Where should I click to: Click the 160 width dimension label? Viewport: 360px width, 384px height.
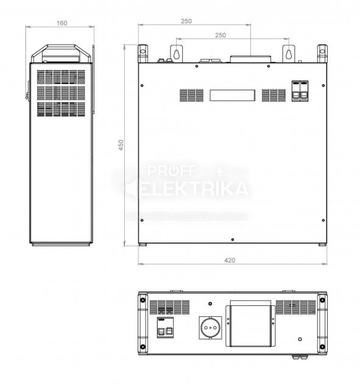(62, 23)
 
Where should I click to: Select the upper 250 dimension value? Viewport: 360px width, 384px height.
(186, 21)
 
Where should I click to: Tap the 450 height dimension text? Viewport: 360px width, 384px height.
(121, 145)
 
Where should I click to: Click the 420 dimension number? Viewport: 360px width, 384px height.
(230, 260)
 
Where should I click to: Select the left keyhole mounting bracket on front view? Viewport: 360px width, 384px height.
(175, 53)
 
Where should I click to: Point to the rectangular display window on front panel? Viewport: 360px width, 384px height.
(232, 96)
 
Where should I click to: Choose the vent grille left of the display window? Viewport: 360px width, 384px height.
(191, 96)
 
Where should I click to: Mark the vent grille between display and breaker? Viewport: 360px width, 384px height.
(273, 96)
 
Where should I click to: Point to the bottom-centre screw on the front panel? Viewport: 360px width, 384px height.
(232, 238)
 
